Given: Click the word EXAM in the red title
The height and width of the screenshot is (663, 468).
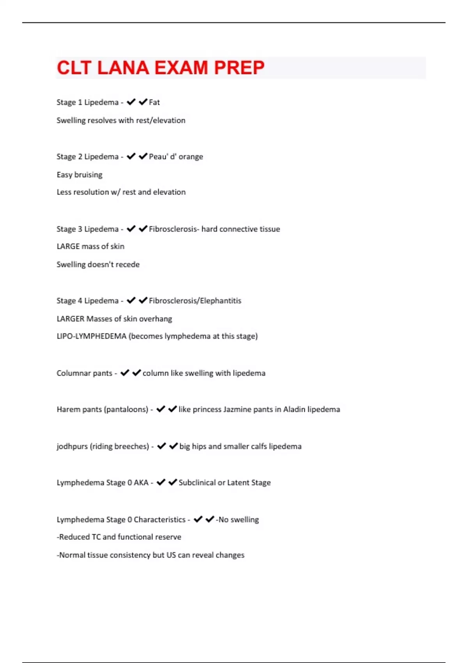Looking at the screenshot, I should pyautogui.click(x=181, y=68).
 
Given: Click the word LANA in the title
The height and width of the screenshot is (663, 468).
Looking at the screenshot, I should pyautogui.click(x=123, y=68).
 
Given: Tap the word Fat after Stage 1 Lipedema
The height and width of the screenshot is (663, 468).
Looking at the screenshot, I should pyautogui.click(x=154, y=102).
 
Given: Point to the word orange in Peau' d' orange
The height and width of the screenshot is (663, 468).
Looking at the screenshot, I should pyautogui.click(x=191, y=156).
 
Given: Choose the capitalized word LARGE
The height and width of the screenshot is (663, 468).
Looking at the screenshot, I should pyautogui.click(x=68, y=246).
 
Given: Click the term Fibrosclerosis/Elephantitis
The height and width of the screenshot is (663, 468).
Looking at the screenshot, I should pyautogui.click(x=195, y=301).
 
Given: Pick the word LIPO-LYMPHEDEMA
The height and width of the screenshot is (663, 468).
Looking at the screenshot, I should pyautogui.click(x=92, y=336).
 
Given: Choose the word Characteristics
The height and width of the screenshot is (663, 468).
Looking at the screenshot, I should pyautogui.click(x=160, y=519).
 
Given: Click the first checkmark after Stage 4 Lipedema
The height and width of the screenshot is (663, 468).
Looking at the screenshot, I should pyautogui.click(x=131, y=300).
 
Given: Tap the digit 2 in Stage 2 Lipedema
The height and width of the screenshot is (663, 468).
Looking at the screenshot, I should pyautogui.click(x=80, y=156).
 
